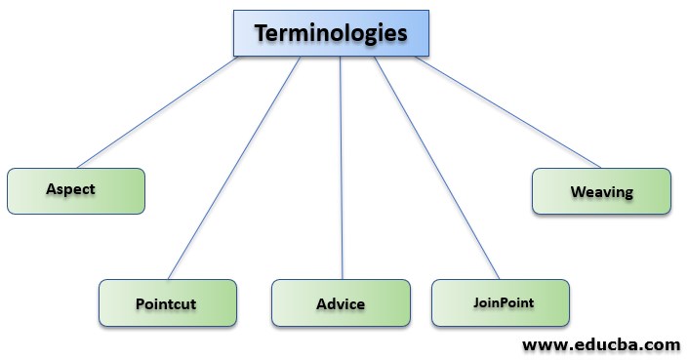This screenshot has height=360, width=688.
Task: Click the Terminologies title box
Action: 330,32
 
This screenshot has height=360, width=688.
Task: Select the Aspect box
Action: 76,190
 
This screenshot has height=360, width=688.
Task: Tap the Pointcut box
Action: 167,302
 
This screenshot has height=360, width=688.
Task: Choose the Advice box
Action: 341,302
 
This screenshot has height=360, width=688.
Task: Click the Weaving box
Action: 601,191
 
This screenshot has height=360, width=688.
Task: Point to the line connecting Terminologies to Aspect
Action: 156,112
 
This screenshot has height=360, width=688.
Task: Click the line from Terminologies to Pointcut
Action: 234,168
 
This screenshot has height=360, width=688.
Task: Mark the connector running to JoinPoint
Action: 435,168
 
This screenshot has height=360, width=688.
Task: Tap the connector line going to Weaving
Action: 507,112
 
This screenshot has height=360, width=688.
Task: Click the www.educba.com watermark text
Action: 600,344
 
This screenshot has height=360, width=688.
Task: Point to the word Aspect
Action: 70,189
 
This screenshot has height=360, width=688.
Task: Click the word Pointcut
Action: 166,303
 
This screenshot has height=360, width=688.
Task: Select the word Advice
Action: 341,303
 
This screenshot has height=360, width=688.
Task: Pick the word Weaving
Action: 601,192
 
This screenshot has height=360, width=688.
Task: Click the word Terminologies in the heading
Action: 330,32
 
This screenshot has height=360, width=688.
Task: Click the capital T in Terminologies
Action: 262,32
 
